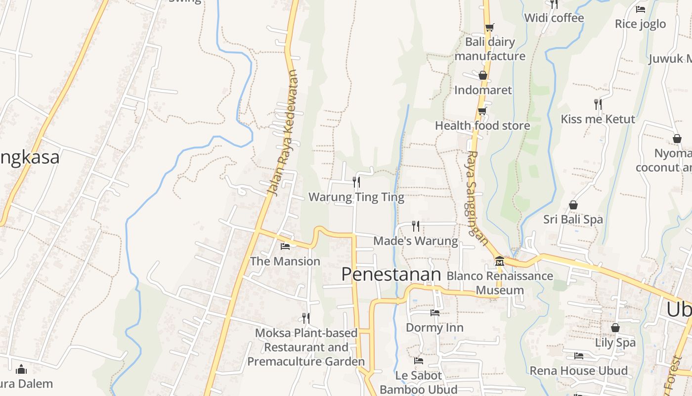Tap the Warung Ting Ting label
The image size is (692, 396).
tap(356, 198)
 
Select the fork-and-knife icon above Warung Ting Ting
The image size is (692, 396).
tap(356, 182)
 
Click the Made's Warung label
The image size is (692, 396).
tap(416, 241)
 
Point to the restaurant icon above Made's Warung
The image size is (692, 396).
tap(416, 226)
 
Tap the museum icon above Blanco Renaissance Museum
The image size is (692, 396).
tap(499, 261)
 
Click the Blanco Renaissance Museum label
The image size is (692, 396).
tap(500, 283)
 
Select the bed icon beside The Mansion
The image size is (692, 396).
tap(285, 246)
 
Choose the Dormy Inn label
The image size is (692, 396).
tap(434, 328)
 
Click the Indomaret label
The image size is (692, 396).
tap(483, 90)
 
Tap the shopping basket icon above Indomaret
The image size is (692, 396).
tap(483, 75)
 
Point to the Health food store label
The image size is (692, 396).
tap(482, 126)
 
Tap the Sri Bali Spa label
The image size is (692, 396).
tap(573, 219)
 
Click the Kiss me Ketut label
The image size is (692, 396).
tap(598, 119)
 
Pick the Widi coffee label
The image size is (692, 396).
tap(554, 18)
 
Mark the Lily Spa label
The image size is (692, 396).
tap(615, 343)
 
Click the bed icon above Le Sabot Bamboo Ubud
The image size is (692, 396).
tap(419, 361)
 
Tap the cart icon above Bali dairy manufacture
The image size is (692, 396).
tap(489, 27)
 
